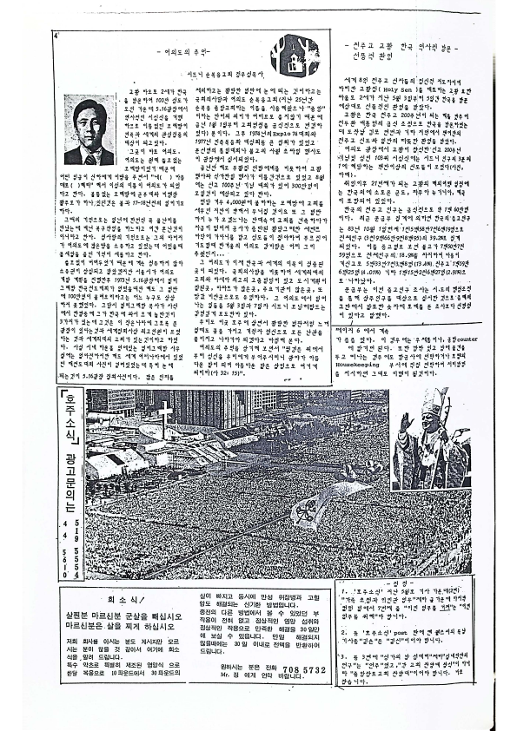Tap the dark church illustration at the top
point(294,58)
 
